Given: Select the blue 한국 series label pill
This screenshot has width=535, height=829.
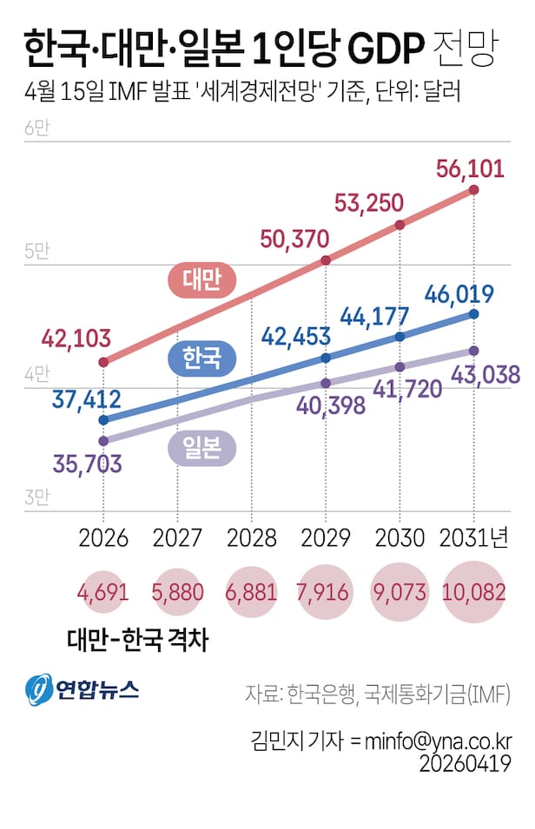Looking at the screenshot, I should coord(201,358).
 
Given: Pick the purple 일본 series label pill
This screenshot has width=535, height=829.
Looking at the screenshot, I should coord(201,446).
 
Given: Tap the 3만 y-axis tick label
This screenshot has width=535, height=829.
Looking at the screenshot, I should coord(38,498).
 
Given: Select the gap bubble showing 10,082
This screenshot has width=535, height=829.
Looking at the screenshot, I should coord(473,593).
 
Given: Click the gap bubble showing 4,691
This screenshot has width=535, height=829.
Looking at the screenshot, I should coord(103,593).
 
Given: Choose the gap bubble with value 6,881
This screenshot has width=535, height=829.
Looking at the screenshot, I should coord(251,593).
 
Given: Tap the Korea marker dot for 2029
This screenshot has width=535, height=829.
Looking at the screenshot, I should coord(326,358).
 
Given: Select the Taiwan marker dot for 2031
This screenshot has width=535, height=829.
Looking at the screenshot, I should coord(473,189).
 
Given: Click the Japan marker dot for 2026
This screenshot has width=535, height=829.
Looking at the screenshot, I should coord(103,440).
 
